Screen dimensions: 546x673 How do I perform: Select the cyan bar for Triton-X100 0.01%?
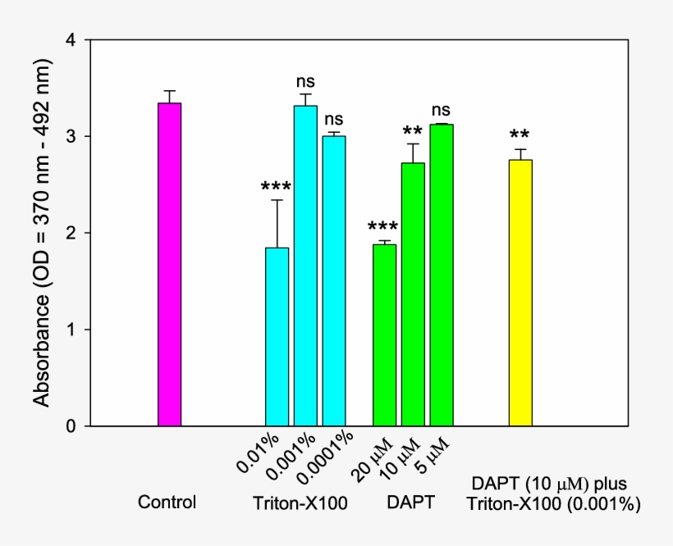[277, 336]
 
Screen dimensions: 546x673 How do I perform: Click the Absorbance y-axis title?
[43, 233]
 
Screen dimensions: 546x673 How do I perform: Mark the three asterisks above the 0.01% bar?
[276, 187]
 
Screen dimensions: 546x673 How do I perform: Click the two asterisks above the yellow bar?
[519, 134]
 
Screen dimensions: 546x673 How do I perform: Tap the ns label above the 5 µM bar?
[442, 110]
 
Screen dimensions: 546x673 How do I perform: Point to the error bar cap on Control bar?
[169, 91]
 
